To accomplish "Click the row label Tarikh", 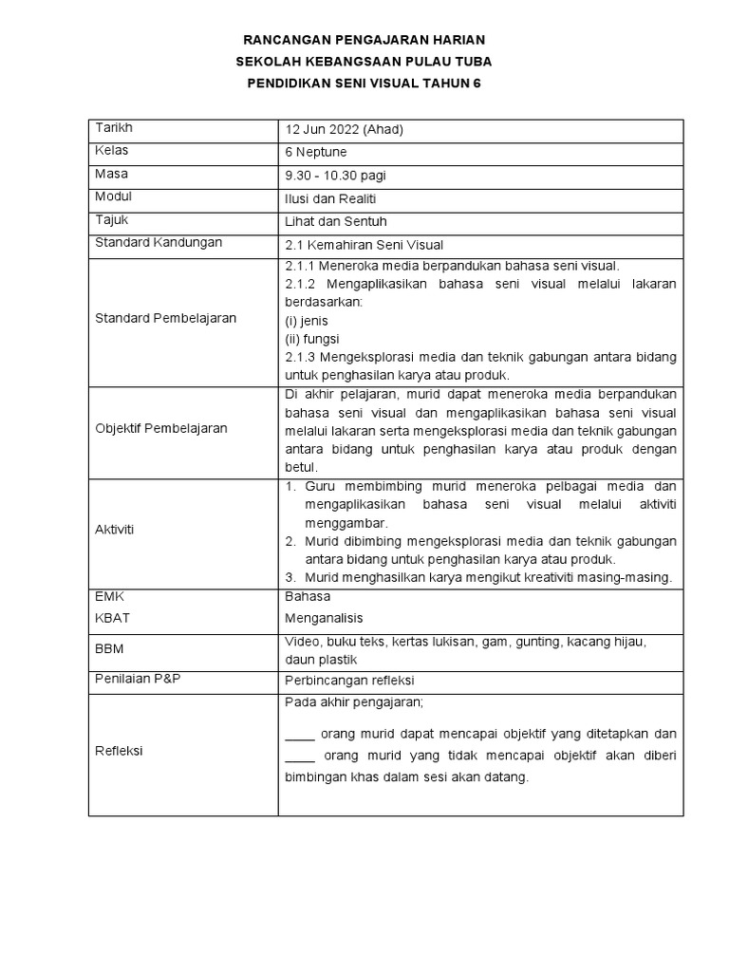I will pyautogui.click(x=114, y=128).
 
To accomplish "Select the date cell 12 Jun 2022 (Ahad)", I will pyautogui.click(x=336, y=130).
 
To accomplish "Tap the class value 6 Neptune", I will pyautogui.click(x=316, y=153).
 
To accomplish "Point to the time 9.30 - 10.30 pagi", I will pyautogui.click(x=335, y=176).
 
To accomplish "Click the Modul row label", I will pyautogui.click(x=114, y=197).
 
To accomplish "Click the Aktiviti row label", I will pyautogui.click(x=115, y=530).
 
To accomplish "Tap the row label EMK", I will pyautogui.click(x=110, y=597).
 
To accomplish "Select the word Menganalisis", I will pyautogui.click(x=325, y=619).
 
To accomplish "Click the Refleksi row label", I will pyautogui.click(x=119, y=751).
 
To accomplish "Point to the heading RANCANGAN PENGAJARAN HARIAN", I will pyautogui.click(x=364, y=41).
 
